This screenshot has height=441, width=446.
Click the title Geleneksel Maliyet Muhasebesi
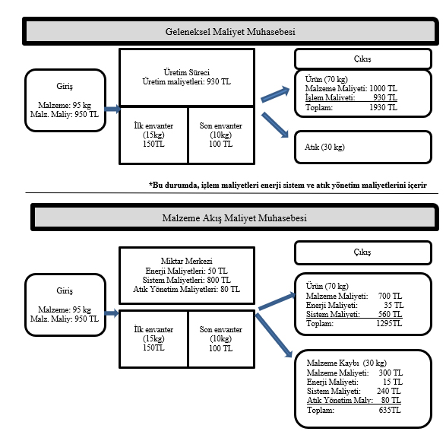coord(230,31)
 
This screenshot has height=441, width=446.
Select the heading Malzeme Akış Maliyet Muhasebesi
coord(234,218)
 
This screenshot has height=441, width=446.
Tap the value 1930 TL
coord(383,107)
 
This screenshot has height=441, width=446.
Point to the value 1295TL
coord(389,323)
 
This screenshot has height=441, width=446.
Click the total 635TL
coord(390,410)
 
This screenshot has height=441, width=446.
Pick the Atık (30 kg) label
coord(324,147)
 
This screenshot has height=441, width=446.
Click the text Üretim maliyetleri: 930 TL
coord(187,81)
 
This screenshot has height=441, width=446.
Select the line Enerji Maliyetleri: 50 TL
coord(187,271)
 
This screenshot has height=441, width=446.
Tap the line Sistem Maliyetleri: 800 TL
coord(187,280)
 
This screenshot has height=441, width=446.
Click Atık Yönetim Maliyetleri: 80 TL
coord(187,289)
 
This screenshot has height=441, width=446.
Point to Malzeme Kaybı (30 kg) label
coord(346,363)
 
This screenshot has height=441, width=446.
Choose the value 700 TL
coord(390,296)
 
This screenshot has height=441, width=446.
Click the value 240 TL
coord(388,391)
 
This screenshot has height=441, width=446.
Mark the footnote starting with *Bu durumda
coord(287,185)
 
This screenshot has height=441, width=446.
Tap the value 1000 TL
coord(383,88)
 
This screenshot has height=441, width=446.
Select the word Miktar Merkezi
coord(187,261)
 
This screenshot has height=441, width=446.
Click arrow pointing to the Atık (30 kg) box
coord(275,125)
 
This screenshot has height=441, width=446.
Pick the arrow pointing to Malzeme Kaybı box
coord(274,335)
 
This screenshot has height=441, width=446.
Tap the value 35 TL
coord(394,305)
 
